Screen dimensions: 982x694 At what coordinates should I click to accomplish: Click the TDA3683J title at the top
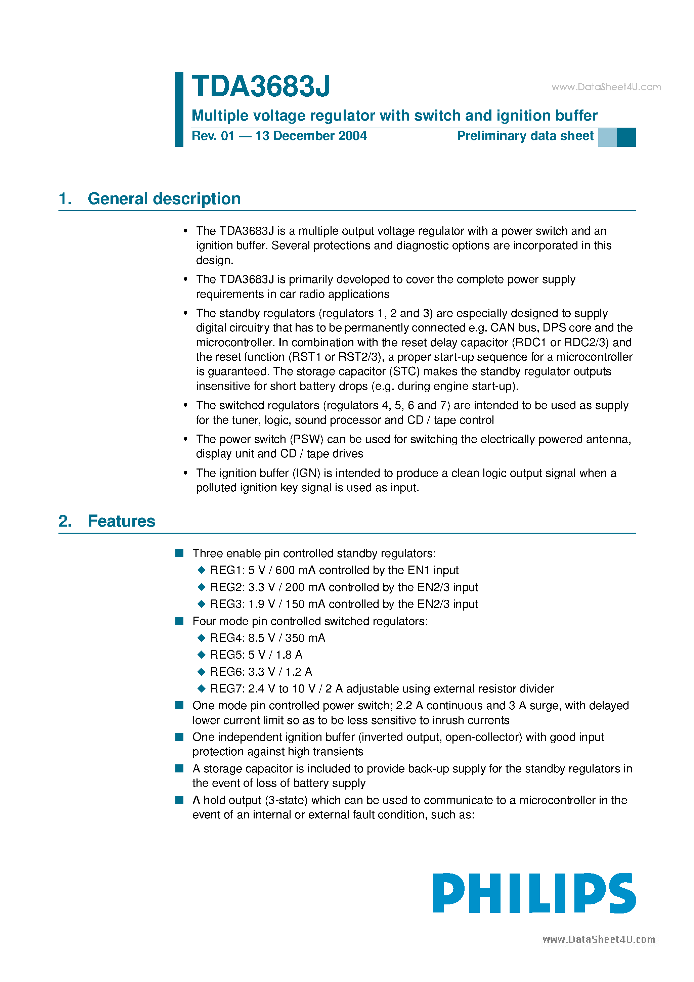(x=261, y=86)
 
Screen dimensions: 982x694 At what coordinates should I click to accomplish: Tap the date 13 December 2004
(x=311, y=136)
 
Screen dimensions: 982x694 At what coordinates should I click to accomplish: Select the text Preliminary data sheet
(x=525, y=136)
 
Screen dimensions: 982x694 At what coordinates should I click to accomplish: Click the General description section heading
(x=164, y=199)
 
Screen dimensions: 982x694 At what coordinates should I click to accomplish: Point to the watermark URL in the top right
(x=606, y=87)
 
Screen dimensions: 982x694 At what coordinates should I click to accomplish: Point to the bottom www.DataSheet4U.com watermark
(x=599, y=940)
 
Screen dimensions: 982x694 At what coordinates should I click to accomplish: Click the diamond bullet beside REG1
(x=202, y=570)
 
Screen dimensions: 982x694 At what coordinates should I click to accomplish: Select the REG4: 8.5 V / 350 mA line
(x=267, y=638)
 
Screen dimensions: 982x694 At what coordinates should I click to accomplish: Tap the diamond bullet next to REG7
(x=202, y=688)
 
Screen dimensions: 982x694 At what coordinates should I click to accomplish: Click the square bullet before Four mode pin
(x=180, y=621)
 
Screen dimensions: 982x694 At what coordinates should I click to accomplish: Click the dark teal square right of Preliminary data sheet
(x=626, y=137)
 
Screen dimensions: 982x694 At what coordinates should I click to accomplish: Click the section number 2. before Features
(x=64, y=521)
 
